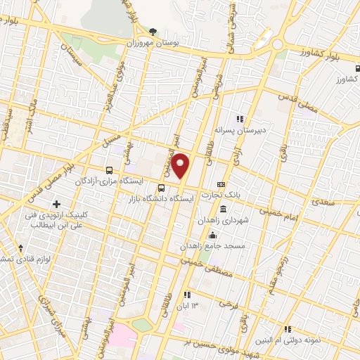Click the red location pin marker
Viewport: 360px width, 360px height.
click(181, 166)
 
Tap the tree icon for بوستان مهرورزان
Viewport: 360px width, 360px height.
click(154, 32)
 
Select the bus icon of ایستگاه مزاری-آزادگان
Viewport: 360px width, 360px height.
click(109, 170)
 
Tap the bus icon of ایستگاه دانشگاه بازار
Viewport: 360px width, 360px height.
click(162, 188)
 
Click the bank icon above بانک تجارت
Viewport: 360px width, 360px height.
click(222, 184)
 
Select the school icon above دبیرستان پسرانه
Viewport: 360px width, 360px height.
click(240, 119)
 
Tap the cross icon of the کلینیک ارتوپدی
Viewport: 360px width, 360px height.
click(56, 204)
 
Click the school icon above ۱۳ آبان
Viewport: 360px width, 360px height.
click(187, 294)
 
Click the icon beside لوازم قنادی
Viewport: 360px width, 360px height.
click(20, 247)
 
